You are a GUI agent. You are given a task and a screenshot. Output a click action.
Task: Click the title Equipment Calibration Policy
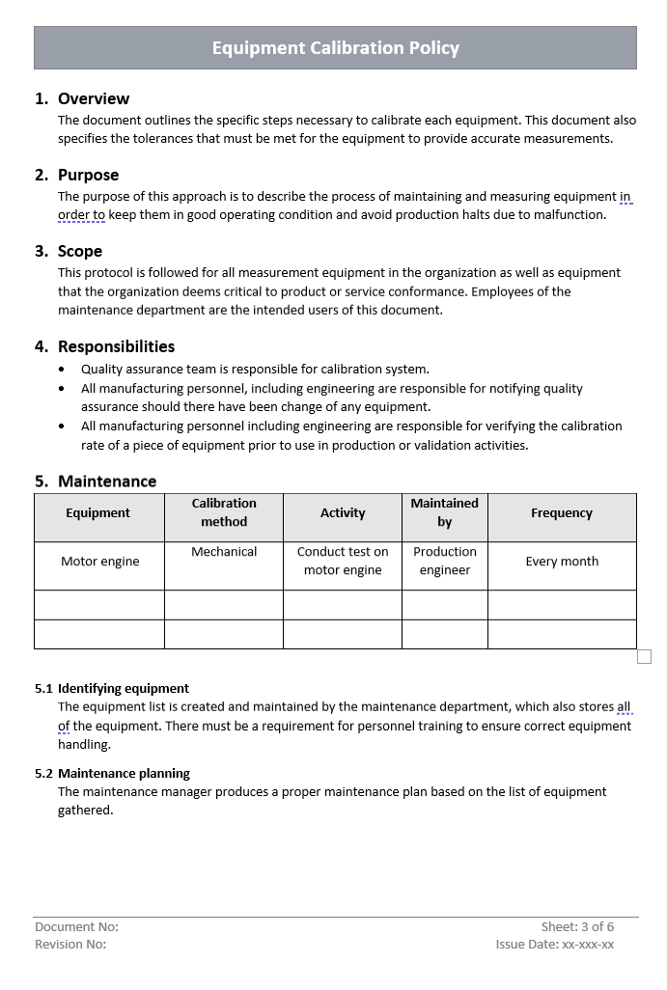[x=335, y=48]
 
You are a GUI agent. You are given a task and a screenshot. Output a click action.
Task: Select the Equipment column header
[x=97, y=513]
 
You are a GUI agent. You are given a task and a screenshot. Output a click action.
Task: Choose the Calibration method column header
[x=224, y=512]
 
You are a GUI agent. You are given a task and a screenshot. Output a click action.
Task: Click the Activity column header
[x=343, y=513]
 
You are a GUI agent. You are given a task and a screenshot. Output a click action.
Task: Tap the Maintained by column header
[x=444, y=512]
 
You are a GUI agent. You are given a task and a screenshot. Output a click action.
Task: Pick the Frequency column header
[x=562, y=513]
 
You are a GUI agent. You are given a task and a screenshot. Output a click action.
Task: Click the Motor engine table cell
[x=99, y=562]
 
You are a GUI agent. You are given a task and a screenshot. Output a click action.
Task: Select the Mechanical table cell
[x=224, y=552]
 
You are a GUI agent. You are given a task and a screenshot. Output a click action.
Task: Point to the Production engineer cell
[x=444, y=561]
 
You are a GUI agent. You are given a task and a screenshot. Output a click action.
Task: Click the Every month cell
[x=562, y=562]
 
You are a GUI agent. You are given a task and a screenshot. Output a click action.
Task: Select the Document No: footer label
[x=77, y=926]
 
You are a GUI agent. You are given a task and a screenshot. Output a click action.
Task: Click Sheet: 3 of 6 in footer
[x=577, y=926]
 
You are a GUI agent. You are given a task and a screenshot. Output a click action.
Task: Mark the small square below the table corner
[x=645, y=657]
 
